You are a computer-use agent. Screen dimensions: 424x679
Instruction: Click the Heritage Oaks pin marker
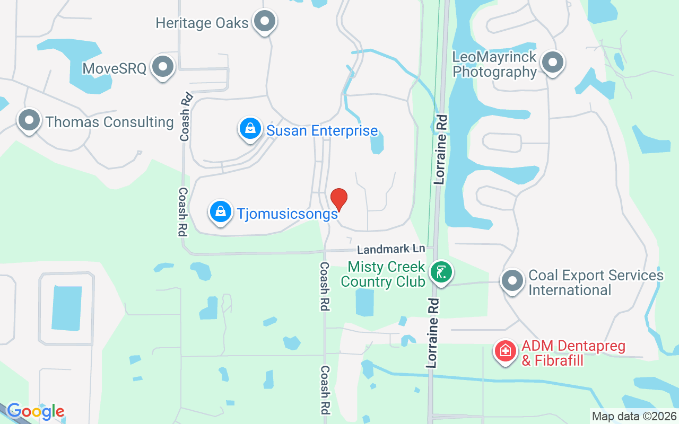click(264, 22)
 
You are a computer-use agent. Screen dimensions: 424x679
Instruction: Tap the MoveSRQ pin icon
click(163, 67)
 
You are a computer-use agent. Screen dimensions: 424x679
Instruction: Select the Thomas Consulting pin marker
click(29, 121)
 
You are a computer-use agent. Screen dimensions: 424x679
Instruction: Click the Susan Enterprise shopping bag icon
click(249, 128)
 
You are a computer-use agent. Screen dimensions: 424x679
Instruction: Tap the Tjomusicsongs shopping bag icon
click(221, 212)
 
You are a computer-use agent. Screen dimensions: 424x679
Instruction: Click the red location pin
click(339, 199)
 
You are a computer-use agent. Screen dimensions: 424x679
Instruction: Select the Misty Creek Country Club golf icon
click(441, 272)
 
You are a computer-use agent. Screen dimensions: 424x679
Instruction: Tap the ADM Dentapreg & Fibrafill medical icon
click(506, 350)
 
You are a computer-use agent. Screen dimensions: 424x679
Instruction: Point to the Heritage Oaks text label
click(202, 23)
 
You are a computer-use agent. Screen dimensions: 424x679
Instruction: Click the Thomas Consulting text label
click(110, 122)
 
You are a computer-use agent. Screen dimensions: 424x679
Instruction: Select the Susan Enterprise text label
click(322, 130)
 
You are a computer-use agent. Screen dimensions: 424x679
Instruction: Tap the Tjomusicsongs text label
click(287, 214)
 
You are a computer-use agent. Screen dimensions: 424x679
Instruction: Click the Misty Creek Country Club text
click(383, 273)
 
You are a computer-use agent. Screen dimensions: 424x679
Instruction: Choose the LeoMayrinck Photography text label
click(494, 64)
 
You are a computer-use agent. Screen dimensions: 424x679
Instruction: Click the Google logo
click(36, 411)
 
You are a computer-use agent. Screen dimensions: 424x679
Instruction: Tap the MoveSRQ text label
click(114, 68)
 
